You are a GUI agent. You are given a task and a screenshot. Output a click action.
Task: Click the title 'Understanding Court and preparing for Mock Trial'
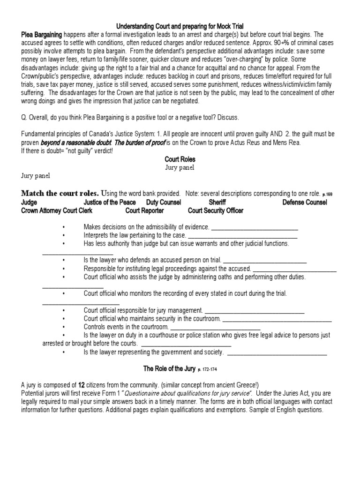click(x=180, y=26)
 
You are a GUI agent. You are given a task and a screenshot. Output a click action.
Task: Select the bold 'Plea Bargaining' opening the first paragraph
click(x=42, y=34)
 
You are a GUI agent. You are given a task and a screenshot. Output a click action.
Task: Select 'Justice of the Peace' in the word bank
click(x=110, y=202)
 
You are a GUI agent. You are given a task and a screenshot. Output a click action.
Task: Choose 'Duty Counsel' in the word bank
click(x=166, y=202)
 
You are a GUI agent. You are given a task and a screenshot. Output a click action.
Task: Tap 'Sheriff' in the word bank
click(x=217, y=202)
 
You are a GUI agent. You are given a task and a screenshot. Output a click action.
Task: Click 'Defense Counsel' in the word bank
click(x=305, y=202)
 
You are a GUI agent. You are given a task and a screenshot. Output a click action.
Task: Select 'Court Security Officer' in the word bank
click(x=215, y=210)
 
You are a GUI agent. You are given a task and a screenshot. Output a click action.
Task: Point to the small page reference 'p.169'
click(x=328, y=194)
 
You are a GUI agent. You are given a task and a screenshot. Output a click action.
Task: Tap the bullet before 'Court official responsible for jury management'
click(x=63, y=310)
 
